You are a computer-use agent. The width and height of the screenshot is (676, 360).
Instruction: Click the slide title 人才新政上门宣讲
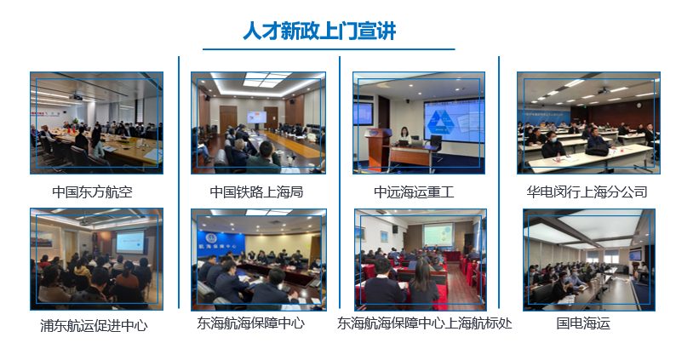coord(319,31)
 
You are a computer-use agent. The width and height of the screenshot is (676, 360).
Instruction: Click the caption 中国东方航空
coord(92,191)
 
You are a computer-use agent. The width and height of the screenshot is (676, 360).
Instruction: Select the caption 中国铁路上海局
coord(256,191)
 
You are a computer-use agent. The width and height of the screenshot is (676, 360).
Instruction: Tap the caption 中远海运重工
coord(414,191)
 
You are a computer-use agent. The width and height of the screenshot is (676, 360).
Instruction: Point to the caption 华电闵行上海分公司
coord(587,191)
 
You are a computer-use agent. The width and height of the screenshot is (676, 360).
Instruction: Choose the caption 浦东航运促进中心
coord(94,325)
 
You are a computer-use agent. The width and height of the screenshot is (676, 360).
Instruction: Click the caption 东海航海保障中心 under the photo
coord(251,323)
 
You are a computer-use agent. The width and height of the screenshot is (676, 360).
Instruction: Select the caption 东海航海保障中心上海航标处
coord(424,323)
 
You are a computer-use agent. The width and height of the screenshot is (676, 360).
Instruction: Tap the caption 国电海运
coord(583,323)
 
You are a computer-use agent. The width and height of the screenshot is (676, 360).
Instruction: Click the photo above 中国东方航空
coord(96,123)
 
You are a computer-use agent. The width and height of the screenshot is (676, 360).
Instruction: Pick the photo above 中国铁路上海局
coord(258,123)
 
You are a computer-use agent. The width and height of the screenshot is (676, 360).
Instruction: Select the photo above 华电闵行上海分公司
coord(588,123)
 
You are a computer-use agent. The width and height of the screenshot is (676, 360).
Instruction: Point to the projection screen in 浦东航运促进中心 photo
coord(129,242)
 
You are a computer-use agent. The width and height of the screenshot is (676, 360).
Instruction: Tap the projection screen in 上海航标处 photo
coord(438,236)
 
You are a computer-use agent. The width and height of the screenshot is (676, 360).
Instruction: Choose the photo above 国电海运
coord(589,260)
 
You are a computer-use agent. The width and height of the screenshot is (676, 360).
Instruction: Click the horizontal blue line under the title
coord(329,49)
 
